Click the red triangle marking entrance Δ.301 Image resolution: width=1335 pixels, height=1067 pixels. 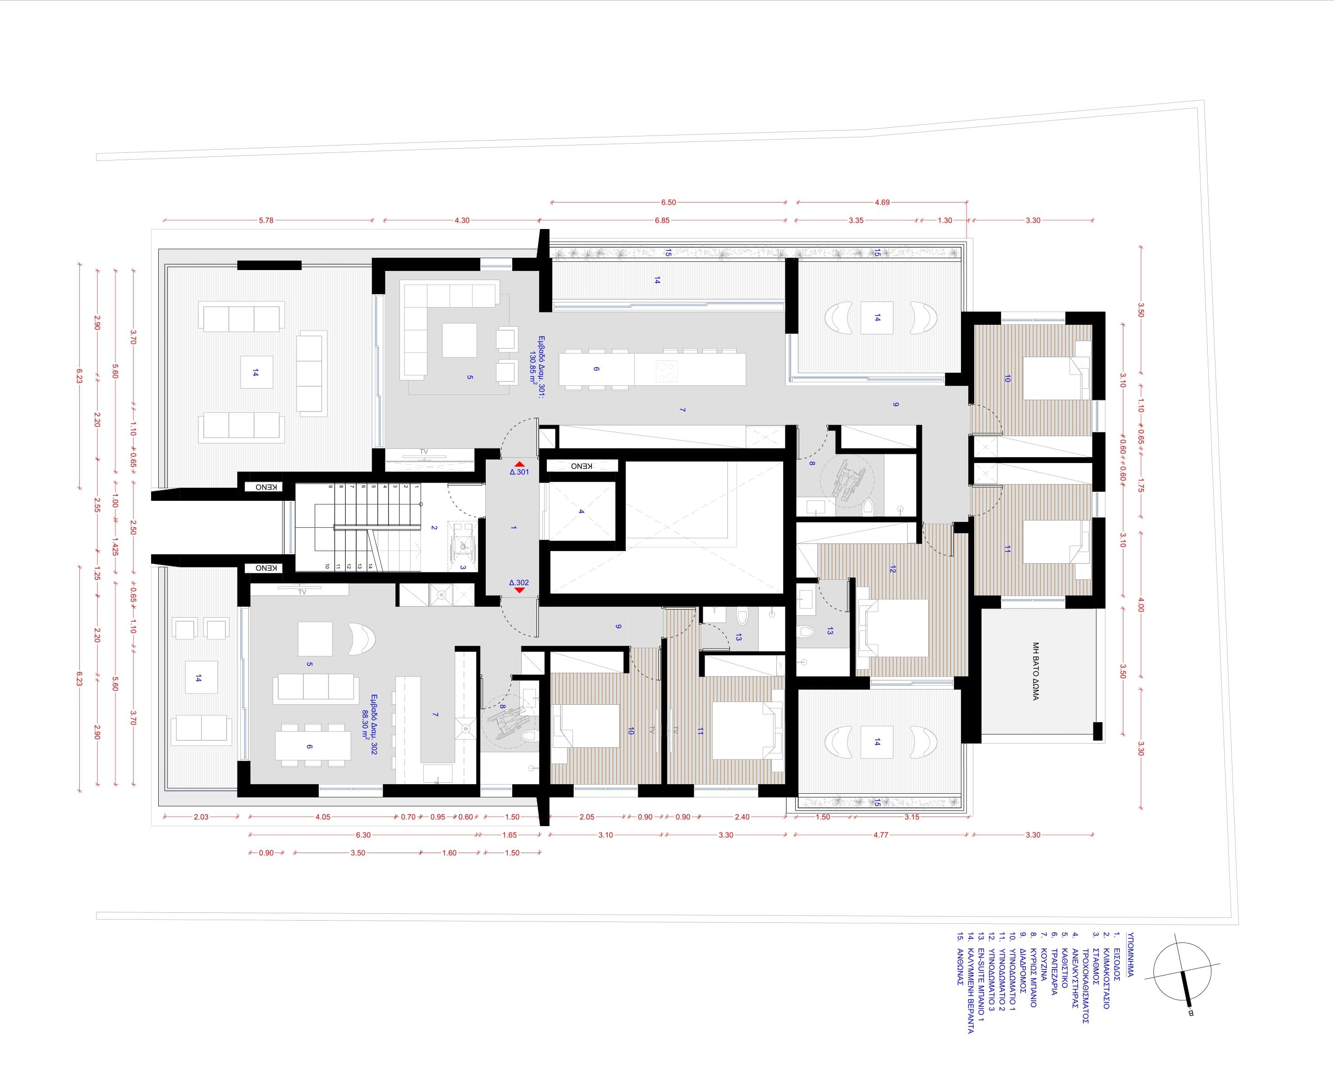pos(519,464)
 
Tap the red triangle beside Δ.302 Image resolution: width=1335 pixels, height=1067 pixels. pos(519,590)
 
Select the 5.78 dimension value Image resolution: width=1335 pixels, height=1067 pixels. pos(266,220)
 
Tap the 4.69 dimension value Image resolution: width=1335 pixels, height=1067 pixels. pos(883,202)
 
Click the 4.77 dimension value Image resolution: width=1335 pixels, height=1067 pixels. pos(881,835)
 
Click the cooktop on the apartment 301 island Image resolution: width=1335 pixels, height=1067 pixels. pos(665,369)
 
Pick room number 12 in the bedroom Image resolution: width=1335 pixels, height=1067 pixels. pos(892,569)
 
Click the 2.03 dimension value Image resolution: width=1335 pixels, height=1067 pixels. pos(201,817)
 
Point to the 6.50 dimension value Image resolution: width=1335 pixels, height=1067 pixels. pos(669,202)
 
